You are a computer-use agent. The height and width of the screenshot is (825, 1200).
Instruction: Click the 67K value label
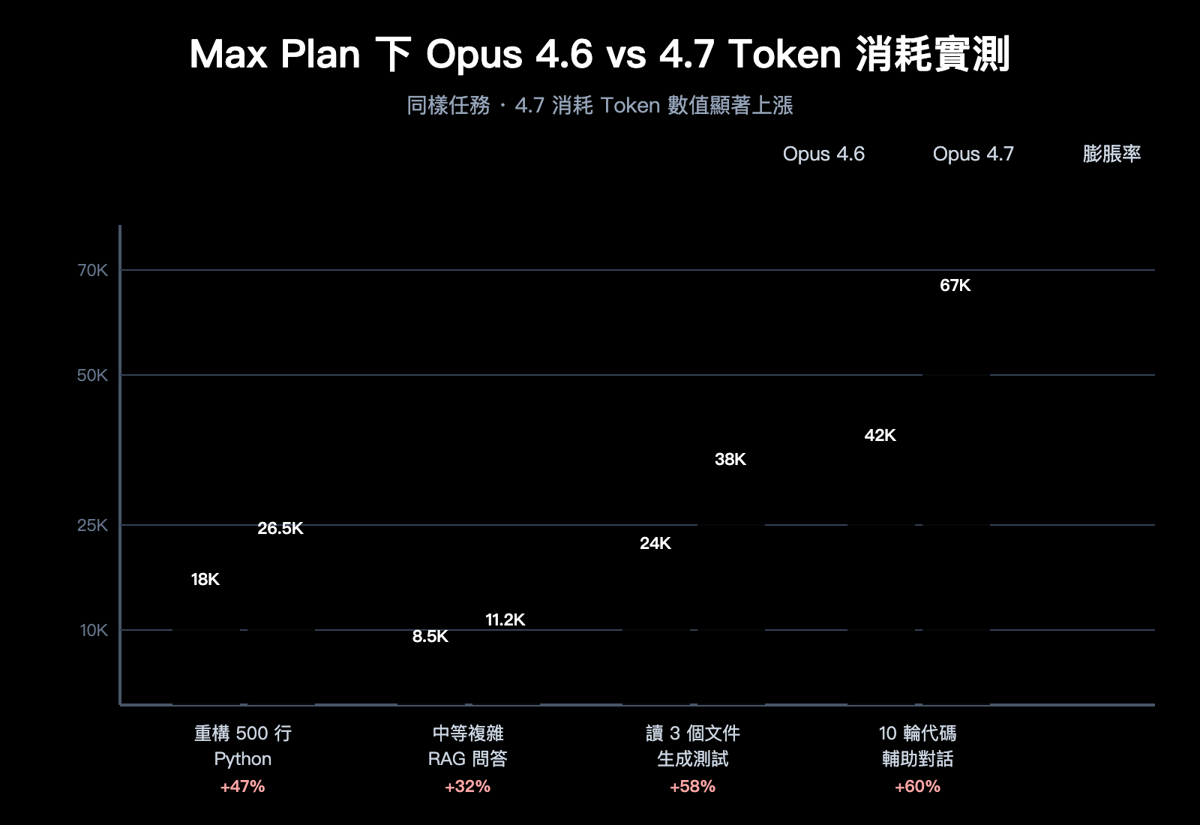point(955,286)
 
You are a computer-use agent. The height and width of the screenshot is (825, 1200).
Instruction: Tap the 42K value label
point(880,436)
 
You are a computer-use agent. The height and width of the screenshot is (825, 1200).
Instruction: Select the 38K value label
point(730,460)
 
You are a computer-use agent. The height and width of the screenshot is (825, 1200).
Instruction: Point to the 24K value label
point(655,544)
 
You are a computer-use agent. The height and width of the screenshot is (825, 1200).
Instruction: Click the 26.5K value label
point(280,529)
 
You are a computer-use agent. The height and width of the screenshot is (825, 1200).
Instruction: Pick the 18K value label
point(205,580)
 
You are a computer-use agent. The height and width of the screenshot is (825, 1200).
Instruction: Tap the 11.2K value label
point(505,620)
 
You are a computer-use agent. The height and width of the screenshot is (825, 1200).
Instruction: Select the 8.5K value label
point(430,637)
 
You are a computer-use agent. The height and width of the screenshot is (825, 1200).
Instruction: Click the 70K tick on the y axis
point(93,271)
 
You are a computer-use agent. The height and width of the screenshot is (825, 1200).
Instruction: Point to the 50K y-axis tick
point(93,376)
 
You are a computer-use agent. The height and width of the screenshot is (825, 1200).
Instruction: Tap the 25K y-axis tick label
point(93,526)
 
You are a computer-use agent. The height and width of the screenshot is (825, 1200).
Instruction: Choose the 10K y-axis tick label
point(94,631)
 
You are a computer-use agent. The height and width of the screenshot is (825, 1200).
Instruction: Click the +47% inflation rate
point(242,787)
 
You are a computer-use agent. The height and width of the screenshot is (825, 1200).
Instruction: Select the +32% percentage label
point(467,787)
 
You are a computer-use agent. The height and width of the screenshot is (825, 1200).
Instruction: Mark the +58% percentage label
point(692,787)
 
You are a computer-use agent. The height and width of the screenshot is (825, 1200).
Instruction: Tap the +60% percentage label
point(917,787)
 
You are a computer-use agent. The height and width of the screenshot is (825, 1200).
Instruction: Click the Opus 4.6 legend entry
point(823,154)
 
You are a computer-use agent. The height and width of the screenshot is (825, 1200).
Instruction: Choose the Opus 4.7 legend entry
point(973,154)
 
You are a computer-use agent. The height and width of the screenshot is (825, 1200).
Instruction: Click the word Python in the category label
point(242,759)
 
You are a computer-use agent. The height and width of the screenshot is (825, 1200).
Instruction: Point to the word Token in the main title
point(784,55)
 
